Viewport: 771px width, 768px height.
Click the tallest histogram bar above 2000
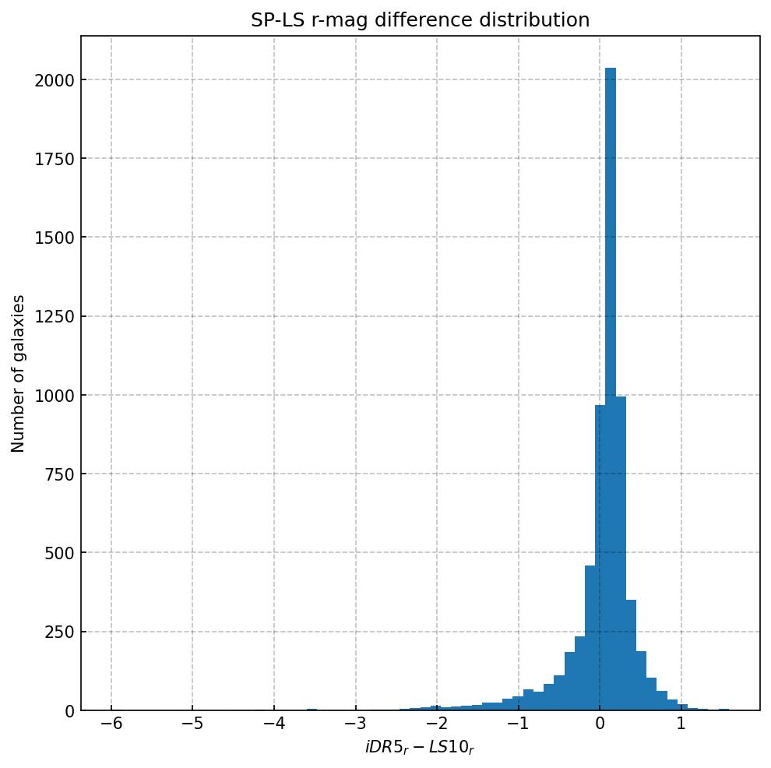click(611, 389)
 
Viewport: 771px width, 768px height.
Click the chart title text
click(420, 20)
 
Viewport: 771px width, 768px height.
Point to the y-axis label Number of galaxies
click(19, 373)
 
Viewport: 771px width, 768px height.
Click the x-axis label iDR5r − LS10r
click(420, 748)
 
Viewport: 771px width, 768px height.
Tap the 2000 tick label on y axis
click(54, 80)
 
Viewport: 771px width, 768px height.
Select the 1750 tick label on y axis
click(54, 159)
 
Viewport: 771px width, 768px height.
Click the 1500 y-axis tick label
click(54, 238)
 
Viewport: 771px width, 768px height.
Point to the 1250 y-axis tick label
click(54, 316)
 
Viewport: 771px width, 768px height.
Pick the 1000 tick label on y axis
click(54, 396)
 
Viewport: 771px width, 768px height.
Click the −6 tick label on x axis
click(111, 724)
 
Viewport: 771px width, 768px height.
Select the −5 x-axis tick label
click(192, 724)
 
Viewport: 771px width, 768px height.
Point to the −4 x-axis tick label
click(273, 724)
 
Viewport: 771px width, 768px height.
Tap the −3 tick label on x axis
click(355, 724)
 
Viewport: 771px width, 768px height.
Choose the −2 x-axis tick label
click(437, 724)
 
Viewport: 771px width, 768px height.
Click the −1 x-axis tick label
click(518, 724)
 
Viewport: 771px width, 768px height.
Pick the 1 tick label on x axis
click(681, 724)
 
